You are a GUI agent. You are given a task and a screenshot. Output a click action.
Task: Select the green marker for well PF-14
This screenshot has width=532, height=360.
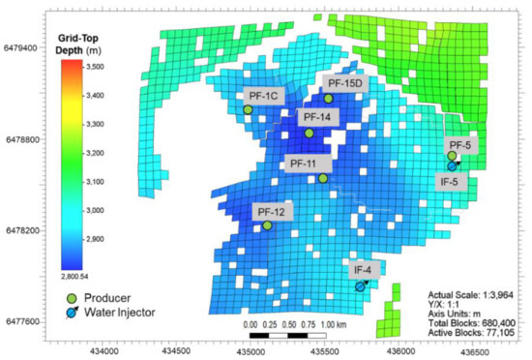[x=309, y=134]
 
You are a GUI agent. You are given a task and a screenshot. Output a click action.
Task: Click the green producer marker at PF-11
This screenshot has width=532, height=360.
[x=323, y=178]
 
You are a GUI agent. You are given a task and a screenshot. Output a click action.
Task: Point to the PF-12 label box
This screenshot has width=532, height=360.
[x=270, y=211]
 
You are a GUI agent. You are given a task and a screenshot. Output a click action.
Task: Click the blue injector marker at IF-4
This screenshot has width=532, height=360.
[x=360, y=286]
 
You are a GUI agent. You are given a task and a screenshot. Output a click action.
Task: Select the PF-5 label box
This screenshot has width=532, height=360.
[x=461, y=145]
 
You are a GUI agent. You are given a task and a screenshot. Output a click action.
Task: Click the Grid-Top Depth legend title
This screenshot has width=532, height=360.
[x=94, y=42]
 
